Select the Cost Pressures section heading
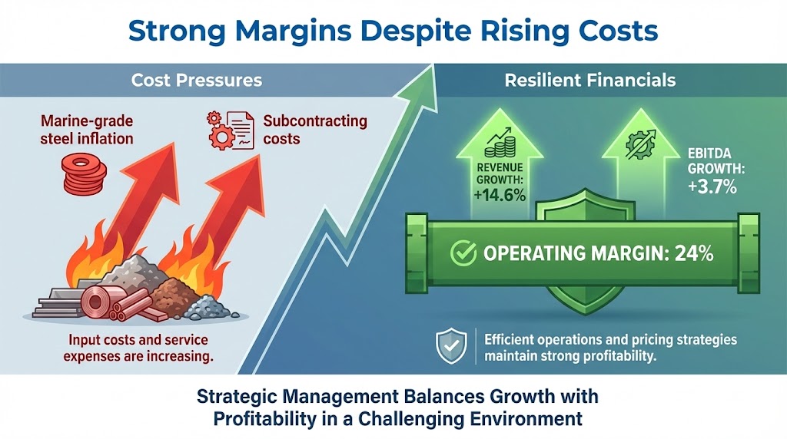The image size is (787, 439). tap(197, 80)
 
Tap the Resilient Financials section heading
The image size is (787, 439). tap(589, 80)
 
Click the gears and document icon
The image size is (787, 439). tap(227, 130)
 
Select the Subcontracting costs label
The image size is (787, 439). tap(314, 130)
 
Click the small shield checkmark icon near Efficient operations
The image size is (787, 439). tap(450, 346)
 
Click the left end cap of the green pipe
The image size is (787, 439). tap(416, 251)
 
